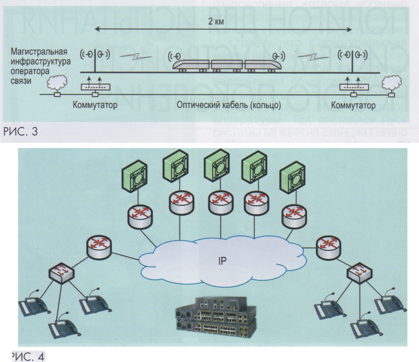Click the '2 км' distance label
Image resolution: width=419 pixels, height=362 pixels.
pos(216,22)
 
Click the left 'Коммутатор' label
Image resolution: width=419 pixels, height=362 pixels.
pos(95,105)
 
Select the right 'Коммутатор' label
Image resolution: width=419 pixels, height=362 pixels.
pos(353,105)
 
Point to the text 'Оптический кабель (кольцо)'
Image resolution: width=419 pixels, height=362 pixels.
pos(229,105)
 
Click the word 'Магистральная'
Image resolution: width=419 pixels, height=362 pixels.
pos(39,52)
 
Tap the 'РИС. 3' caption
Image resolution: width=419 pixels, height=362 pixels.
pos(20,132)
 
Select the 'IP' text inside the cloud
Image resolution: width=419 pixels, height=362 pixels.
pos(222,261)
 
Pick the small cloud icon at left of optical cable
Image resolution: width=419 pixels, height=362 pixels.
pos(58,84)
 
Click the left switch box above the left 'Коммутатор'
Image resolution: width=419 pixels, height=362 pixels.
pos(95,87)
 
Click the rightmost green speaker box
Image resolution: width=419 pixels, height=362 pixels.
pos(292,179)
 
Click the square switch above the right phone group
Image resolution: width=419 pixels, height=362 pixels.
pos(358,273)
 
